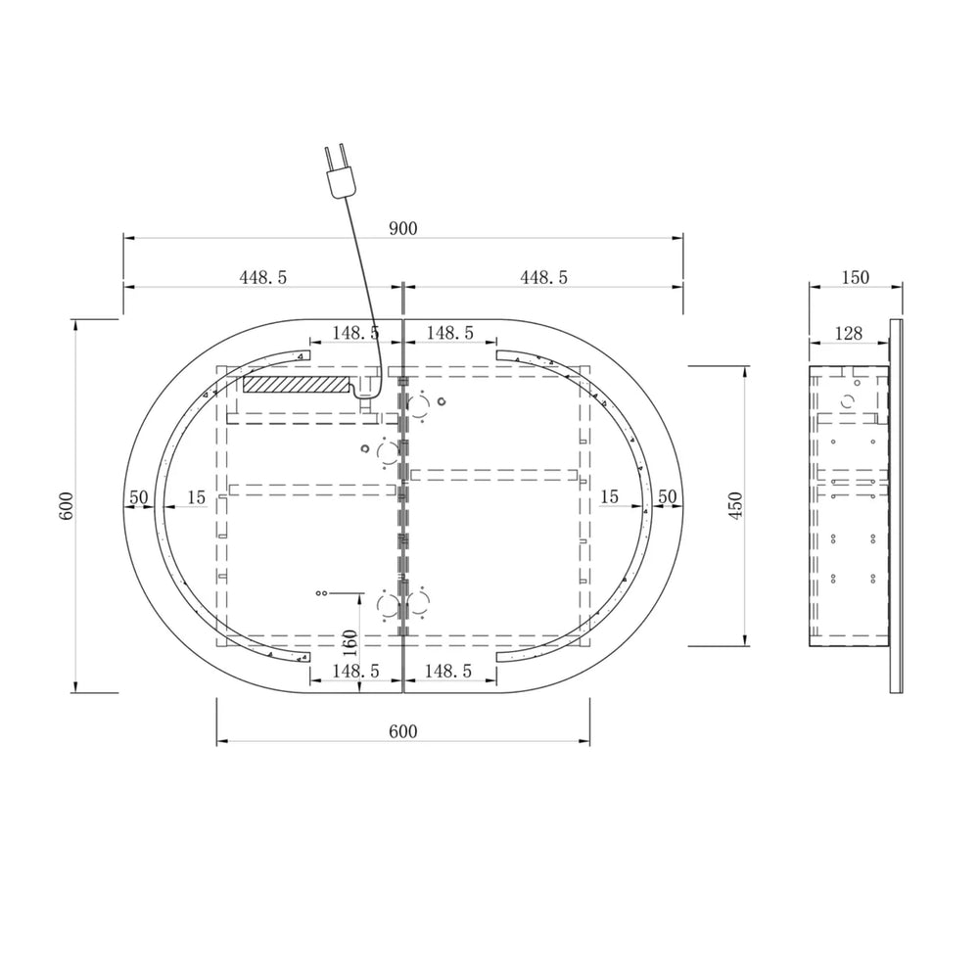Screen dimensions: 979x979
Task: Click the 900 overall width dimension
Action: [x=402, y=228]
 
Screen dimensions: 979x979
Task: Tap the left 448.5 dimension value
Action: [x=262, y=277]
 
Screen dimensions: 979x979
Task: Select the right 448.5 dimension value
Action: [x=543, y=277]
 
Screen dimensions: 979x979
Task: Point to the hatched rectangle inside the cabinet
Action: [x=296, y=384]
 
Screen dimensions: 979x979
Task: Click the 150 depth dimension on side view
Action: [x=855, y=277]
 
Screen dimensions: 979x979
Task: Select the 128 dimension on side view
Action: [x=849, y=334]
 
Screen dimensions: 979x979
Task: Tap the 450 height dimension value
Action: [x=736, y=506]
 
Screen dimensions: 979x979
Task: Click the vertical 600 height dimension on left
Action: [x=66, y=506]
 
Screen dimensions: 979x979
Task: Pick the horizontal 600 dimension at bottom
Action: [x=402, y=731]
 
